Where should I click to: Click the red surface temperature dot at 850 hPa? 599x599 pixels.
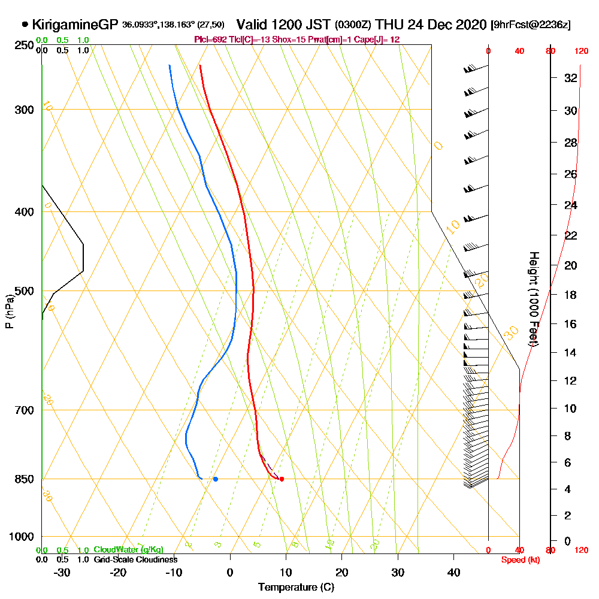pos(282,479)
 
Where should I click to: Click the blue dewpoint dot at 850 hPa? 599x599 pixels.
pos(216,479)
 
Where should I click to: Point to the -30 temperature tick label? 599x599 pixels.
pos(62,572)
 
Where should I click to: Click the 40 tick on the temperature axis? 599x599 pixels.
pos(454,572)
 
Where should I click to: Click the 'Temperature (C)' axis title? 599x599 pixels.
pos(296,588)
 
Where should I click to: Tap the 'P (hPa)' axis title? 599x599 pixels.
pos(9,311)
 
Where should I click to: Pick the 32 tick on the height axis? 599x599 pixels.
pos(570,78)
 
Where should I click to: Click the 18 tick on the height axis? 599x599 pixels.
pos(570,295)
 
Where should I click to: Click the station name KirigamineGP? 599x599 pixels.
pos(75,25)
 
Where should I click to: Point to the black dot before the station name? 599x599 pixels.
pos(25,25)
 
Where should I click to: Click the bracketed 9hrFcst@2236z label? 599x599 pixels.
pos(530,25)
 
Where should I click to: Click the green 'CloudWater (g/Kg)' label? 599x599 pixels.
pos(128,550)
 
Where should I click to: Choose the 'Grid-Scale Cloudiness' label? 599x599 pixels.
pos(135,559)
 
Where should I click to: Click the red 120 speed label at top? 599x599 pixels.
pos(580,51)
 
